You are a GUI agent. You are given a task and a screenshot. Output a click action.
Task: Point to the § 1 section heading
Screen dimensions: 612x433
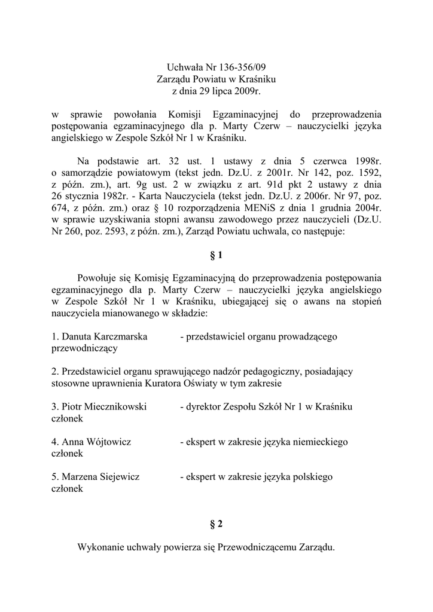tap(216, 255)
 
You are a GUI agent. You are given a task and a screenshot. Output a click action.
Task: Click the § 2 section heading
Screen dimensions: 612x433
tap(216, 524)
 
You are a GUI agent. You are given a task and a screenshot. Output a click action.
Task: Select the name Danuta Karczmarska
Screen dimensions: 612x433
tap(100, 336)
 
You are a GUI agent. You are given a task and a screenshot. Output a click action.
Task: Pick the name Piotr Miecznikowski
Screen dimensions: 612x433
tap(99, 406)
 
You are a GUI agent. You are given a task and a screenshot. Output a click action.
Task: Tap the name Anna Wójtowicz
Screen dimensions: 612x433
tap(92, 442)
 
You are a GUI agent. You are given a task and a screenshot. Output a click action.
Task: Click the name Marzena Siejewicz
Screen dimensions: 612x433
tap(96, 477)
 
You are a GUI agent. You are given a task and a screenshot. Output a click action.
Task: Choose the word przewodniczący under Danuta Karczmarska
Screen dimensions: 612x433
tap(84, 348)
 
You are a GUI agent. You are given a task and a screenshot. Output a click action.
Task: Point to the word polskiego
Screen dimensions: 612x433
tap(310, 477)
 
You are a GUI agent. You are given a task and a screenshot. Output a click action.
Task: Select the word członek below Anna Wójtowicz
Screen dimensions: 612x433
tap(68, 454)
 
